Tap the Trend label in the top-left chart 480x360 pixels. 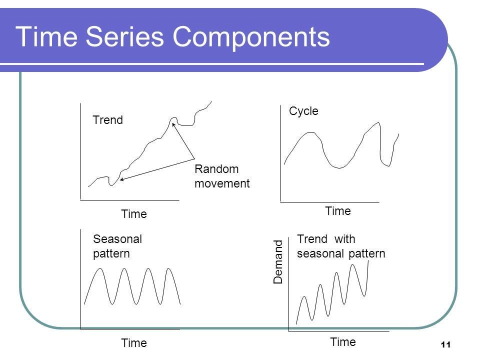108,120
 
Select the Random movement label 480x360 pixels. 221,176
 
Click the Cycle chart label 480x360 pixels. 303,111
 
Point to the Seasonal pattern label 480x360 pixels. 117,246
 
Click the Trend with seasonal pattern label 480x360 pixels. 341,246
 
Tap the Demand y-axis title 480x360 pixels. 278,262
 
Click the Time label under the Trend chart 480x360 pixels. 134,214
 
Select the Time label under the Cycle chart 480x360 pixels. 338,211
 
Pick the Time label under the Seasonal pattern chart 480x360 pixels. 134,343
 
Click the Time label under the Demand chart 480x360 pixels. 343,342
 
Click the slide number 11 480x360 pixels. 446,344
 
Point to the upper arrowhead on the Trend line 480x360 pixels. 173,123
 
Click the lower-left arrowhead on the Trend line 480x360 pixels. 121,178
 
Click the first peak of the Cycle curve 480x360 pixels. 311,132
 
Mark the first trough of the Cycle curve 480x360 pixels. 340,166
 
